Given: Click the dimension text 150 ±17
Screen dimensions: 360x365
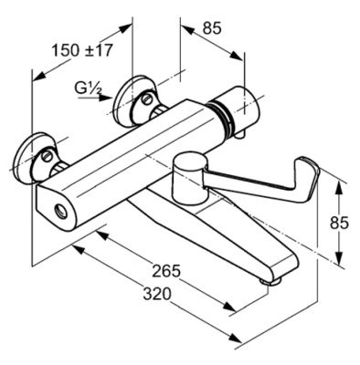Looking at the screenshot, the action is coord(82,50).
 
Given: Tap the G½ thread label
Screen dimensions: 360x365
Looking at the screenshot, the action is coord(88,89).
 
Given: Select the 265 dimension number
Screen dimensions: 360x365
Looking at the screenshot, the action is coord(166,271).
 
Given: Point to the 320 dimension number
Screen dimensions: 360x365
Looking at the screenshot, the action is coord(157,294).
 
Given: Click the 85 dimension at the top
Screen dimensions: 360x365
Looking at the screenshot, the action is coord(212,28).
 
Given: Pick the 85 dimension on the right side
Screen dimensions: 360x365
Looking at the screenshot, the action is coord(339,223).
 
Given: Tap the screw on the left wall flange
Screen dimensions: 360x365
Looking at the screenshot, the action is coord(47,156).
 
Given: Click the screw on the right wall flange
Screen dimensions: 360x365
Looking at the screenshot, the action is coord(147,99).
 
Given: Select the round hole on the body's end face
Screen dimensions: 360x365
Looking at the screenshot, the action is coord(60,210).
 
